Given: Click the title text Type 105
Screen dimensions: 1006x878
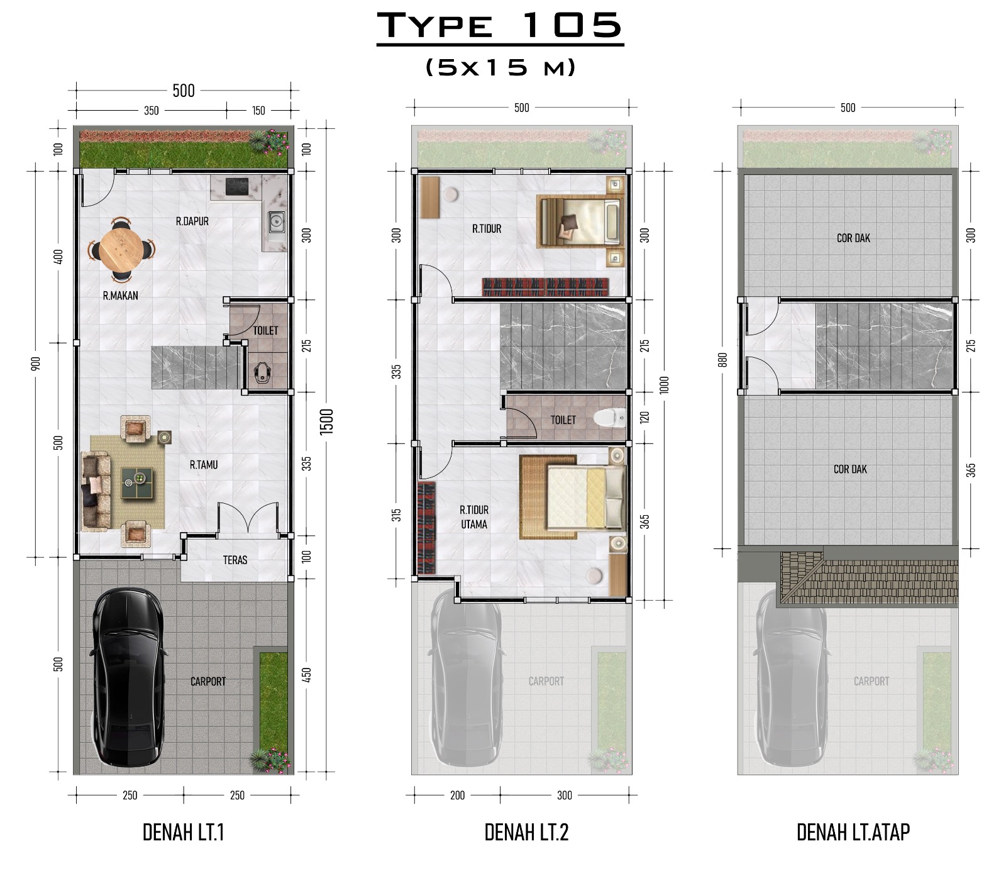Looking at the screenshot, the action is click(500, 25).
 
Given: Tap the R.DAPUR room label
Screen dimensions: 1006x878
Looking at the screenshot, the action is click(192, 221).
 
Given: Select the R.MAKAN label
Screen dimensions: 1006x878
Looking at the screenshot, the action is click(120, 295).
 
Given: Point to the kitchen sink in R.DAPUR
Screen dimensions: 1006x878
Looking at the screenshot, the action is click(276, 222).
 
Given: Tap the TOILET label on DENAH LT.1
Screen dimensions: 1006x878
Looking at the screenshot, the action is click(266, 330).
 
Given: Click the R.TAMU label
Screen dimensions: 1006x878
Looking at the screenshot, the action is click(204, 465).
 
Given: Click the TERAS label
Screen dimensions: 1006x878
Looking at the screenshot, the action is click(235, 560).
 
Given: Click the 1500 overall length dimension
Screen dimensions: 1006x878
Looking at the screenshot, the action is click(327, 421).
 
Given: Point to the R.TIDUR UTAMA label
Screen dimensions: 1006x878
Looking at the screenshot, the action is click(474, 517).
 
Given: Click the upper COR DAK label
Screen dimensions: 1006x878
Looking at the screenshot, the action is click(854, 238).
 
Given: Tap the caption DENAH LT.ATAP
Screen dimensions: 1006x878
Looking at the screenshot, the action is click(853, 832).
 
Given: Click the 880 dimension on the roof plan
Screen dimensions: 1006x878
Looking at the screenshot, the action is click(722, 360).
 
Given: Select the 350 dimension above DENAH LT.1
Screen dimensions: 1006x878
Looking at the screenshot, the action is click(152, 111).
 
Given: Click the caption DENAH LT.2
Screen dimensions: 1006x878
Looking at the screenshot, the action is click(526, 832).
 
